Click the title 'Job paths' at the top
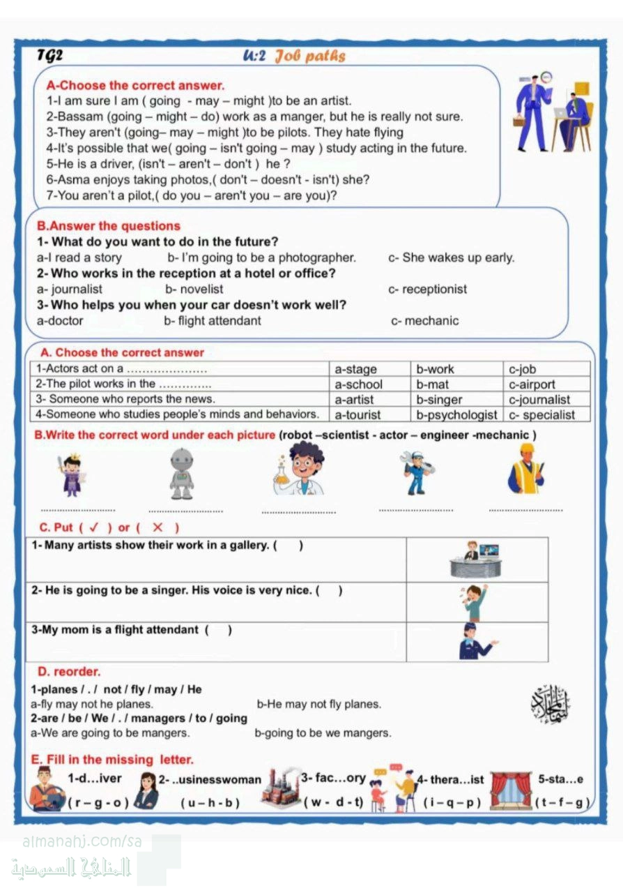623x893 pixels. click(x=310, y=56)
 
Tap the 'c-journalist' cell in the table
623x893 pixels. click(x=539, y=400)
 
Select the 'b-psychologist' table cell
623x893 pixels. click(x=456, y=414)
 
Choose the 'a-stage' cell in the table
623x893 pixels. click(x=356, y=369)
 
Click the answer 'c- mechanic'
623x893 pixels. click(x=425, y=321)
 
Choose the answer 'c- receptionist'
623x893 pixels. click(x=428, y=289)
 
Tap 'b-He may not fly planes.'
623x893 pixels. click(x=319, y=704)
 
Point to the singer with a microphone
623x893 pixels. click(x=475, y=603)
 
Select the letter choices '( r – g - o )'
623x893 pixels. click(x=98, y=802)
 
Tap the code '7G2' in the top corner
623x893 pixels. click(x=50, y=56)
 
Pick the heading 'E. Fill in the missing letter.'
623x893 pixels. click(x=113, y=759)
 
